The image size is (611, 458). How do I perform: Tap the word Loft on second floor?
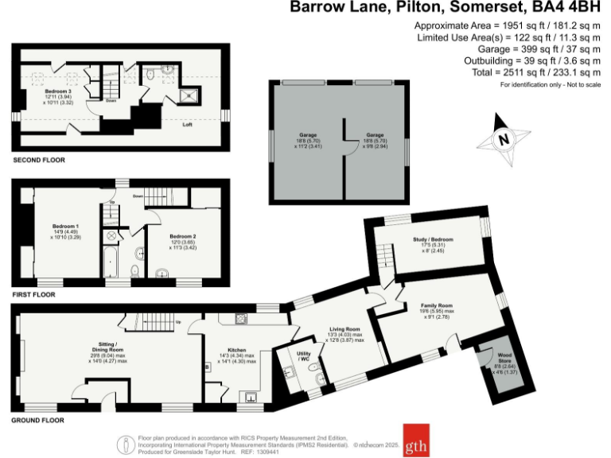click(188, 124)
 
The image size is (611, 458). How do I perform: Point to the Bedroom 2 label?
click(182, 236)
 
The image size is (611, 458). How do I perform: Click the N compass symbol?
click(502, 139)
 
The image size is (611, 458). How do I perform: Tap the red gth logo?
click(415, 441)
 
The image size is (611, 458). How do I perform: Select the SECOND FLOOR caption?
click(39, 160)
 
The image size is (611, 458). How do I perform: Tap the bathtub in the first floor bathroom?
click(111, 262)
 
